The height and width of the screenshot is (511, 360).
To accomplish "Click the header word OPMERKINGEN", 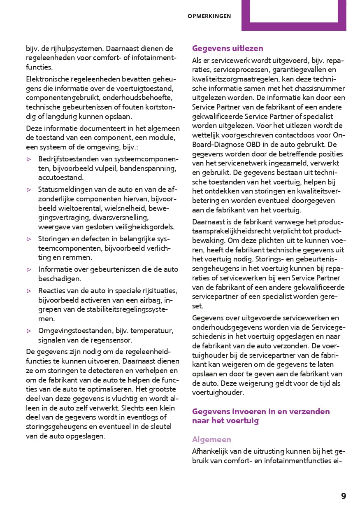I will pos(209,16).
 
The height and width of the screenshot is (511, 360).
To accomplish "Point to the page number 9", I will pos(344,496).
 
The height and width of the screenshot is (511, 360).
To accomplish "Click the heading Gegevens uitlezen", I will pos(228,49).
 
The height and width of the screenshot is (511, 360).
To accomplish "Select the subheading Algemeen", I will pos(211,439).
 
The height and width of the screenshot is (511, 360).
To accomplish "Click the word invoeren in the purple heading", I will pos(244,411).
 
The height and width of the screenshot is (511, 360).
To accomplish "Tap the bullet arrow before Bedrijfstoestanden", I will pos(29,159).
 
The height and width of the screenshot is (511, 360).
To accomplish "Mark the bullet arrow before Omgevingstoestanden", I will pos(29,331).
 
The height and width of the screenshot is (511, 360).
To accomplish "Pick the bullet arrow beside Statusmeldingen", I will pos(29,189).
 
